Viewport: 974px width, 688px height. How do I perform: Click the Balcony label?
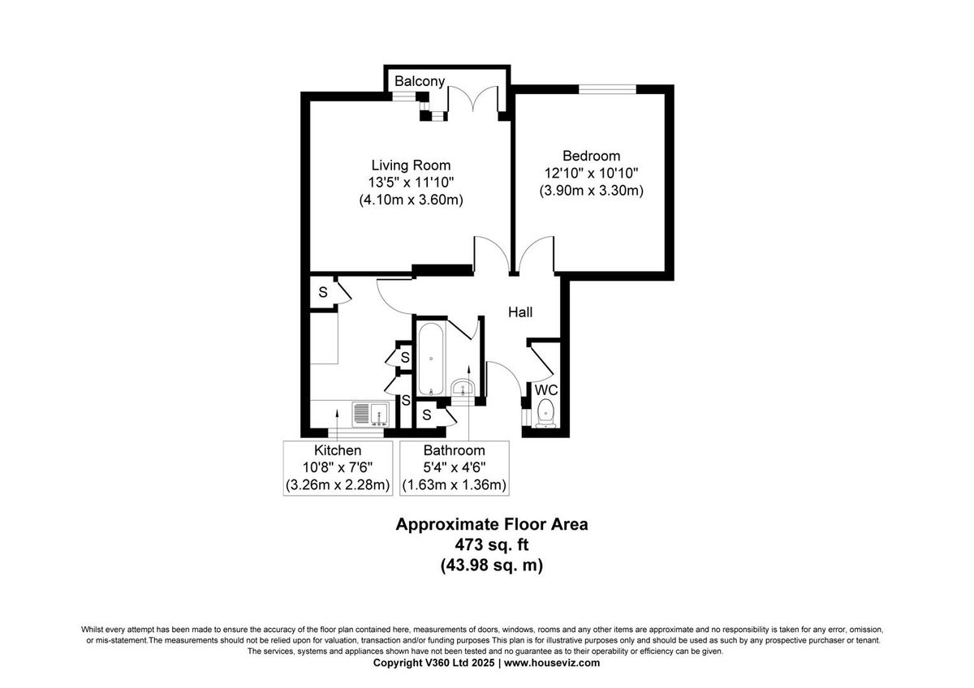(420, 81)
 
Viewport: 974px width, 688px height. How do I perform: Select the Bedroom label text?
(591, 156)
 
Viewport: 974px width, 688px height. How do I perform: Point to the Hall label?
(520, 312)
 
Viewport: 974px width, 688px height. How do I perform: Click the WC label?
(545, 390)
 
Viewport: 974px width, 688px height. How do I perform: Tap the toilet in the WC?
(545, 411)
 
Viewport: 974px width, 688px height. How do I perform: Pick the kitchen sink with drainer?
(371, 415)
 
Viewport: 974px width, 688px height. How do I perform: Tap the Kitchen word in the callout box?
(338, 450)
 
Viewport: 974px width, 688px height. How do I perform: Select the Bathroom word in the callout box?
(454, 450)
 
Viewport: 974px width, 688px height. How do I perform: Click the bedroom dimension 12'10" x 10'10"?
(591, 174)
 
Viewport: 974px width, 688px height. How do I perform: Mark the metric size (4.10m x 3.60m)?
(411, 200)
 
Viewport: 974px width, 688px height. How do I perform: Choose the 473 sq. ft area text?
(491, 544)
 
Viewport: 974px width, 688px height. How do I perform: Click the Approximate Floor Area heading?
(491, 524)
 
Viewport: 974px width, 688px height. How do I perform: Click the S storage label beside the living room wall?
(322, 292)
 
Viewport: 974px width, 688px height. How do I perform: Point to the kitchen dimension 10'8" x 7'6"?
(338, 468)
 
